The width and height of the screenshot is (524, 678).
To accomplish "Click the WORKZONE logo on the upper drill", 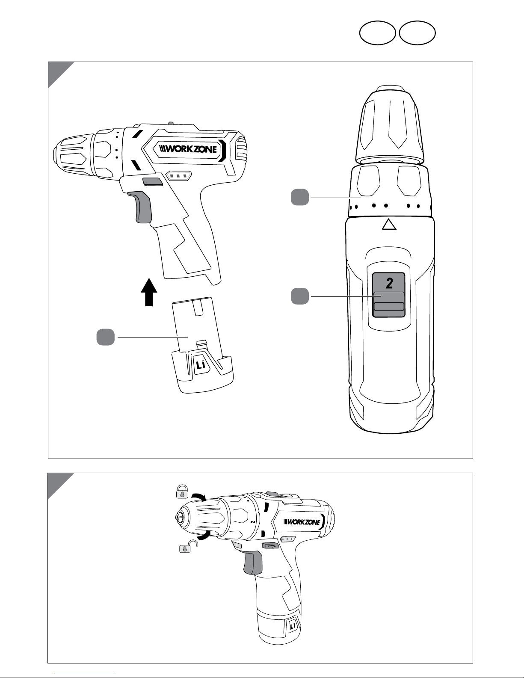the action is point(188,149).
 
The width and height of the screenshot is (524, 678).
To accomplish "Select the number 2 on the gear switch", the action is point(389,283).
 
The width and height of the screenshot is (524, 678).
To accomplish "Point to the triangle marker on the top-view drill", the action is point(389,224).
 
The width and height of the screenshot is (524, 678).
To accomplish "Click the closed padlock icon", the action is point(183,491).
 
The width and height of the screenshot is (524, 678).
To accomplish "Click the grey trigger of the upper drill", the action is point(143,208).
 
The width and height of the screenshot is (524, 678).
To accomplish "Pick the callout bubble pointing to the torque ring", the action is point(300,198).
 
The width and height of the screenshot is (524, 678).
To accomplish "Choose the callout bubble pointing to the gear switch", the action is point(300,296).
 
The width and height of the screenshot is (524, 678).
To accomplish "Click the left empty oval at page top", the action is point(377,33).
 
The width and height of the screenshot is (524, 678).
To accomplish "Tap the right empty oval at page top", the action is point(417,33).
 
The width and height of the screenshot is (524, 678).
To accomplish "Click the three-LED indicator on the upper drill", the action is point(178,175).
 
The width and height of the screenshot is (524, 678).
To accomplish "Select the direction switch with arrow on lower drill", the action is point(271,546).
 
